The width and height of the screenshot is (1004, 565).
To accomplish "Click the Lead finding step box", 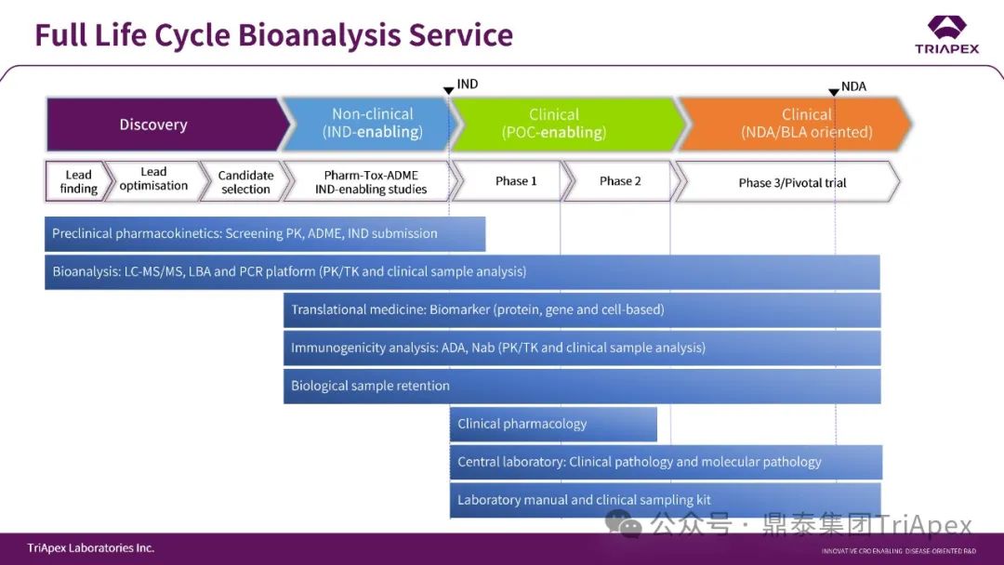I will tap(77, 181).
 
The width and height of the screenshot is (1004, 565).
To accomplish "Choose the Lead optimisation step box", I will tap(153, 179).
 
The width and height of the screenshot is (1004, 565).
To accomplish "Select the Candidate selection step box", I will tap(244, 181).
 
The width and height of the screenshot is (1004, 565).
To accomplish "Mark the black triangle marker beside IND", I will tap(448, 90).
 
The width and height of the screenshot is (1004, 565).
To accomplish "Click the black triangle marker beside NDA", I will tap(834, 92).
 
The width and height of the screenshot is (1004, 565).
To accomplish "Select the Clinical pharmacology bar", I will tap(553, 424).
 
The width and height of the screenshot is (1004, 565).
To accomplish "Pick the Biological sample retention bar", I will tap(581, 386).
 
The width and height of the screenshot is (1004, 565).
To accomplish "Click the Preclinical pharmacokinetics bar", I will tap(265, 233).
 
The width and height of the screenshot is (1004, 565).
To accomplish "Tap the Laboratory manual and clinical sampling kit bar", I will tap(665, 500).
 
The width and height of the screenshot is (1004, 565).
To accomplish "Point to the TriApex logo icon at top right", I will tap(946, 26).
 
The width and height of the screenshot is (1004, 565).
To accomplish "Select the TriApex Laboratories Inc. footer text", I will tap(91, 548).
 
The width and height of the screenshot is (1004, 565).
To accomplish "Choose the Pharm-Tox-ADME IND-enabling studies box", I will tap(367, 181).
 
